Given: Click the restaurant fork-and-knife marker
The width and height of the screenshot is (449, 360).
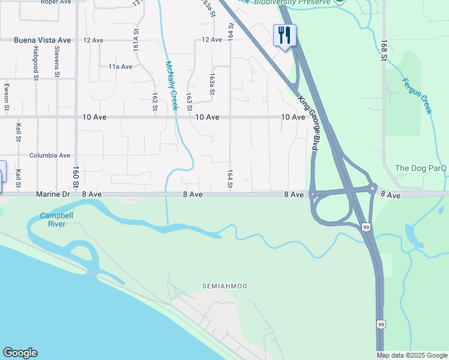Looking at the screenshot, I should click(x=284, y=35).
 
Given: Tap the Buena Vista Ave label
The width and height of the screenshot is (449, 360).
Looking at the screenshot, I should click(x=43, y=40).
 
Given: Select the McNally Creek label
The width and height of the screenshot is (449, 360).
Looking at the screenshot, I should click(x=172, y=86).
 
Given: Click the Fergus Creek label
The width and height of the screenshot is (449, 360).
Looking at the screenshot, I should click(x=417, y=96).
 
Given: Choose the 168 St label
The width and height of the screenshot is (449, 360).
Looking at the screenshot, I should click(x=383, y=50).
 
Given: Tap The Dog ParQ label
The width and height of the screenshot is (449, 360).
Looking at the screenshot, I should click(x=421, y=168).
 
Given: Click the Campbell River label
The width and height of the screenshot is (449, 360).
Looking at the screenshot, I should click(x=56, y=220).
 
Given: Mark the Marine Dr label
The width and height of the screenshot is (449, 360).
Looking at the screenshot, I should click(x=53, y=194).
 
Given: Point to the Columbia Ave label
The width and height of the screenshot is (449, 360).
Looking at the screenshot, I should click(x=50, y=155).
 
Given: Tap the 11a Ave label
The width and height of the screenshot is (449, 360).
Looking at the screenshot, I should click(x=120, y=67).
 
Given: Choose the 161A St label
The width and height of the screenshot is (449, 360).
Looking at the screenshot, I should click(x=136, y=38).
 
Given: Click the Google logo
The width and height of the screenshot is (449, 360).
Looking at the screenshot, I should click(x=20, y=353).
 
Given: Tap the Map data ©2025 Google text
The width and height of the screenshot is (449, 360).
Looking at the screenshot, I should click(x=412, y=355).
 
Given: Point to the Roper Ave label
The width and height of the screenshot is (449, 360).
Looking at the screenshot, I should click(x=56, y=2).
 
